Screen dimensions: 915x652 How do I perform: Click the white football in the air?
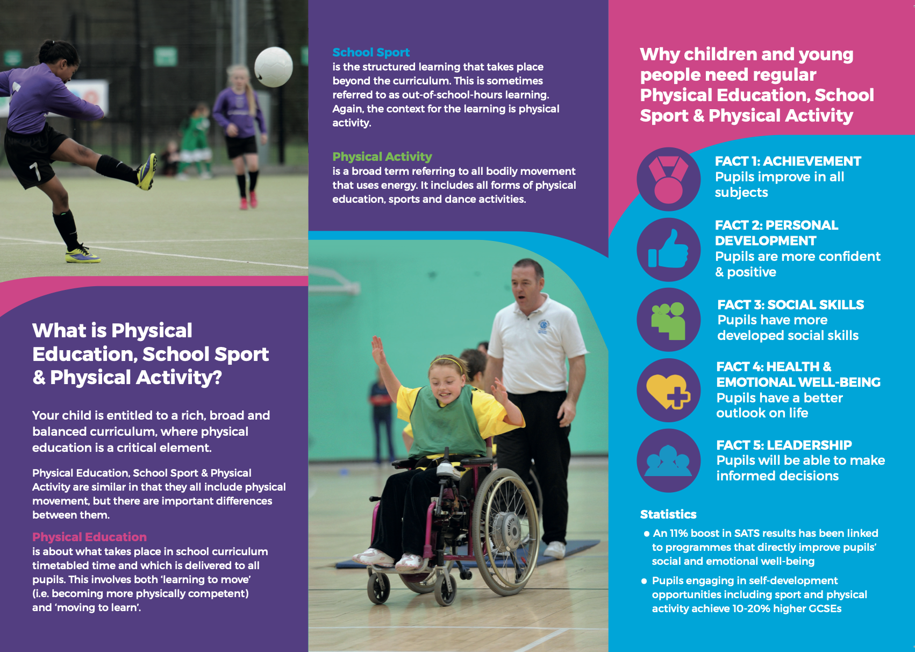point(273,67)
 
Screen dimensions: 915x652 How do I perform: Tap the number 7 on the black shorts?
point(35,171)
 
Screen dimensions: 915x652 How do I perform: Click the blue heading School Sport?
point(371,52)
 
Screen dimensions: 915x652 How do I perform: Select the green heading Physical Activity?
point(382,157)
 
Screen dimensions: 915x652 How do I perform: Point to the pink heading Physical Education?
point(89,537)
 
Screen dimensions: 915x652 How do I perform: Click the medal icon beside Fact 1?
point(668,180)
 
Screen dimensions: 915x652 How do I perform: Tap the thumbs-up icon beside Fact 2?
point(668,249)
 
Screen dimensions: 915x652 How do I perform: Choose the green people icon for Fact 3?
point(668,321)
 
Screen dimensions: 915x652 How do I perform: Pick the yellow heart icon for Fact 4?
point(668,391)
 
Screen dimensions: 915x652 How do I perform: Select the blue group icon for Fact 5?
point(668,460)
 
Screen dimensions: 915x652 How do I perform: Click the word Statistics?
point(668,514)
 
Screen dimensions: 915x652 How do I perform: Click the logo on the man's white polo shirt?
point(544,326)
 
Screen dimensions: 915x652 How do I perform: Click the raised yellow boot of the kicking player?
point(147,172)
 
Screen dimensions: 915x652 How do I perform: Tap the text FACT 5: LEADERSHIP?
point(784,445)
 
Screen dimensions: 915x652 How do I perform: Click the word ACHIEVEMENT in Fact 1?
point(812,161)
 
